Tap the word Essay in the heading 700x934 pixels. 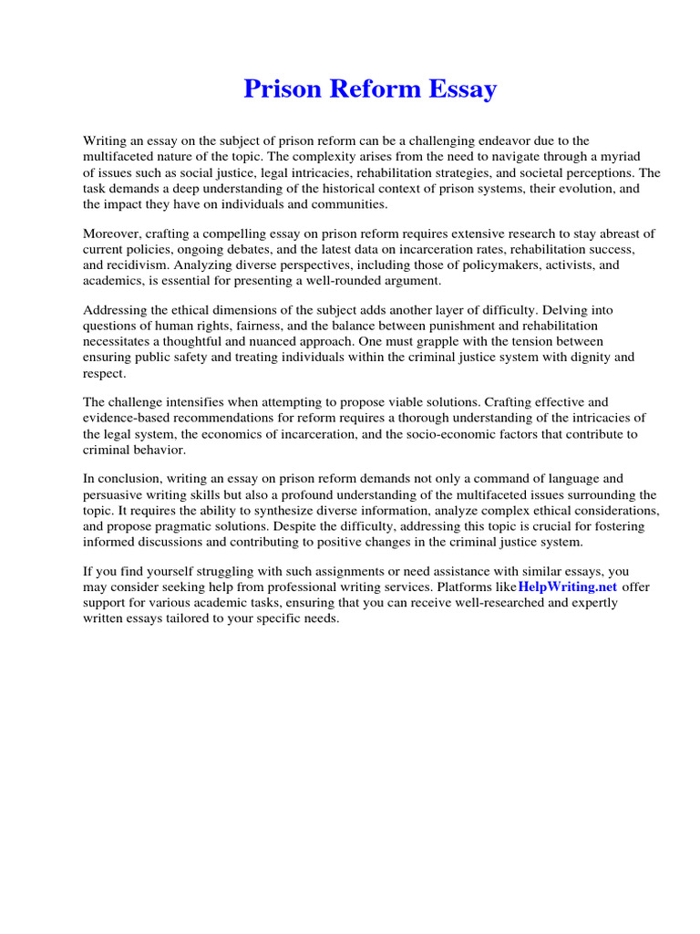(460, 89)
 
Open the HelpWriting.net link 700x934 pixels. (565, 586)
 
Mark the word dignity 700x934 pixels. (587, 358)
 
